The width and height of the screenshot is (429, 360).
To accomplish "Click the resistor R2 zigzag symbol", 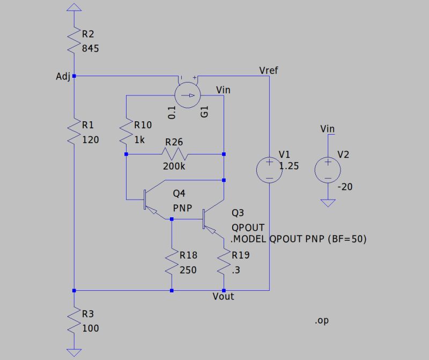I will (74, 41).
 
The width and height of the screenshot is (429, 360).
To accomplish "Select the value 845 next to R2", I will (91, 48).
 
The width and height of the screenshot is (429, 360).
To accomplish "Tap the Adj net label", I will (63, 77).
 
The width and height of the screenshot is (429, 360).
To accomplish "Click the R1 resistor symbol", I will (74, 132).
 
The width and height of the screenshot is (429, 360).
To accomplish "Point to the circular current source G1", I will (188, 96).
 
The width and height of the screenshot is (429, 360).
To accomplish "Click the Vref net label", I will (268, 70).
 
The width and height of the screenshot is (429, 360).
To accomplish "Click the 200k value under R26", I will (174, 166).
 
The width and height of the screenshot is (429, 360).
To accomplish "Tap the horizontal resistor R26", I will (174, 154).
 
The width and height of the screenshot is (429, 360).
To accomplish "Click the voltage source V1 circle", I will (269, 169).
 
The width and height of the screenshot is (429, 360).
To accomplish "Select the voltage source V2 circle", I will (327, 169).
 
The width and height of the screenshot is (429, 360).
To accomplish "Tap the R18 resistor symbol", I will (172, 261).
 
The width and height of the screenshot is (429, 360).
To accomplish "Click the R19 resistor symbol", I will (224, 261).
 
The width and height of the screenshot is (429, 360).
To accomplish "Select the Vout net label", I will (223, 296).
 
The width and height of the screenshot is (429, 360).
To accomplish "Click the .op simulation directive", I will (322, 321).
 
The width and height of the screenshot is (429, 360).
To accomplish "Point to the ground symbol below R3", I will (74, 352).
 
